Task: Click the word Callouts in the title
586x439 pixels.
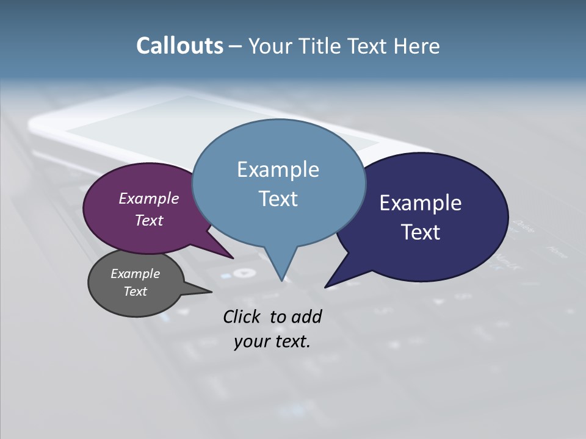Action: [x=179, y=46]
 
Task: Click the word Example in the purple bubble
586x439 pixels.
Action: [x=149, y=198]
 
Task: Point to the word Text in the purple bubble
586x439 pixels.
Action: [x=149, y=220]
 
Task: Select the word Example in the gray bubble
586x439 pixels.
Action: [x=135, y=274]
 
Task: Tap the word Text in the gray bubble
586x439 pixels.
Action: [x=135, y=291]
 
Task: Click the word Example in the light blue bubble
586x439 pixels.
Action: [x=278, y=169]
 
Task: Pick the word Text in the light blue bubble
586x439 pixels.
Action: [x=278, y=198]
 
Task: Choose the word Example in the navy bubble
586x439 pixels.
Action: [x=421, y=202]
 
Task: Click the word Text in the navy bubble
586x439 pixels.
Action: [x=421, y=232]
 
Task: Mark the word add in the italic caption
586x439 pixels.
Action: [x=306, y=316]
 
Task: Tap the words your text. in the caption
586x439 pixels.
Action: [x=272, y=341]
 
